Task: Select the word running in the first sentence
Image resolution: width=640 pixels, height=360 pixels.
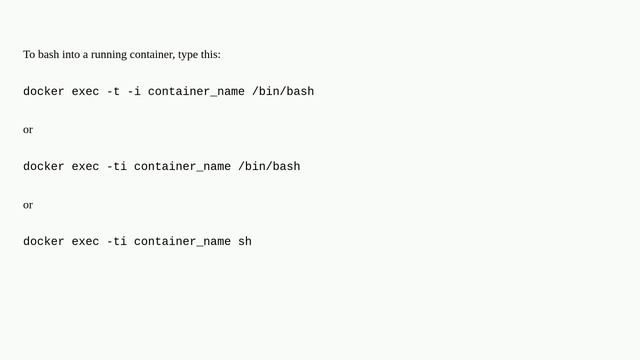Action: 109,54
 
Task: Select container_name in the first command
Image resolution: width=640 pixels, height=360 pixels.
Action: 196,92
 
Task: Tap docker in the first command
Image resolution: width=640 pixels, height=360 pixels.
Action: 44,92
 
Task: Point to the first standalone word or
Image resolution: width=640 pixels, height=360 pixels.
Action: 28,129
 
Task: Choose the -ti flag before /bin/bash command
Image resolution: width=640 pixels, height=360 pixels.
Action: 116,166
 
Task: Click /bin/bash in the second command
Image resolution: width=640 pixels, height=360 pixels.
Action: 269,166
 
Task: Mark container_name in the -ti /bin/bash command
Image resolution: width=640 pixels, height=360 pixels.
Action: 182,166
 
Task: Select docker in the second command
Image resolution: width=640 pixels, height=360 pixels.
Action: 44,166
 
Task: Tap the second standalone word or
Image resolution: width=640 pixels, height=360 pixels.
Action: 28,204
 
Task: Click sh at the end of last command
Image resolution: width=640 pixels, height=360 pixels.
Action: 245,241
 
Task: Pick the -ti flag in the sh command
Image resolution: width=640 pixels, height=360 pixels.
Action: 116,241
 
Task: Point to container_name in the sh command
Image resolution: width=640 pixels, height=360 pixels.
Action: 182,241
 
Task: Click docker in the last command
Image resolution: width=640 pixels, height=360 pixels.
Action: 44,241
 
